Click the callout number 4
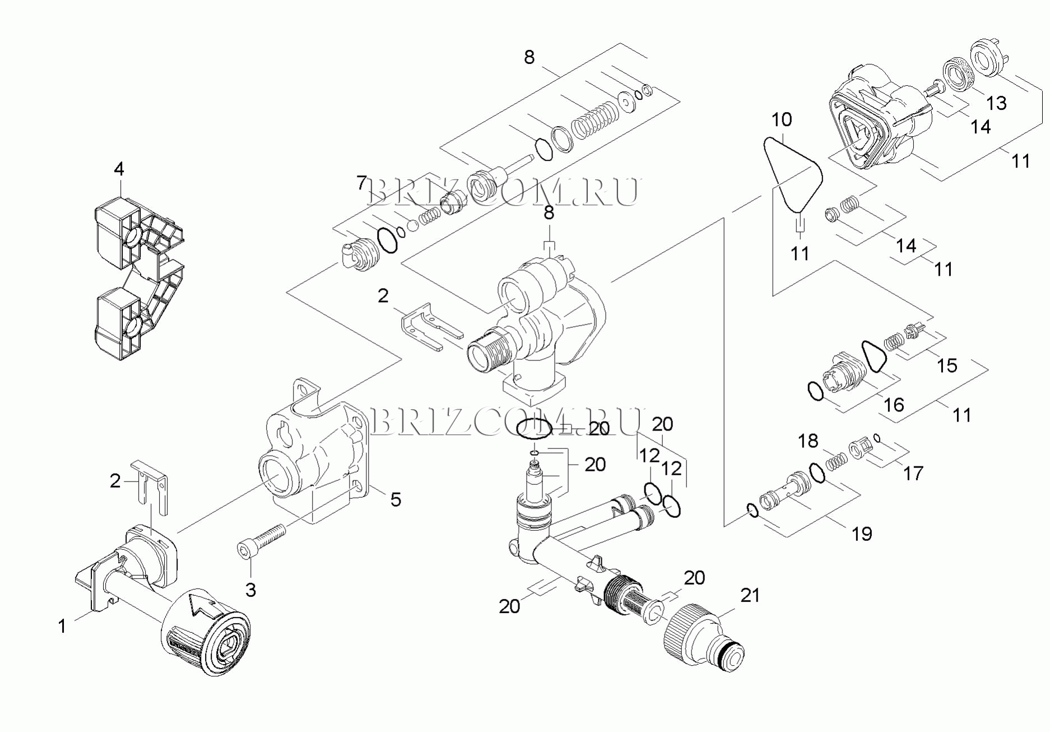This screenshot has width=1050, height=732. tap(119, 169)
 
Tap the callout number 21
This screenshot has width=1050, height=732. tap(750, 595)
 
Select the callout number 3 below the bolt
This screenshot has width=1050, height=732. tap(250, 590)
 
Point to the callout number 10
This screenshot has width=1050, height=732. tap(782, 119)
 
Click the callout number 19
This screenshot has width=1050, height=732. tap(862, 534)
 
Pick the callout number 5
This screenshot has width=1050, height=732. tap(396, 499)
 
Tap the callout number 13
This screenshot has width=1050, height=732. tap(996, 103)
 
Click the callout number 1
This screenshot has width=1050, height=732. tap(62, 626)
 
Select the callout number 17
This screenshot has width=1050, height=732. tap(913, 474)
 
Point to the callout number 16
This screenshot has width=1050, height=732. tap(894, 405)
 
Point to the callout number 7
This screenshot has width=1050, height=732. tap(362, 183)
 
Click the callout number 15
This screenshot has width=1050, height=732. tap(947, 365)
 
